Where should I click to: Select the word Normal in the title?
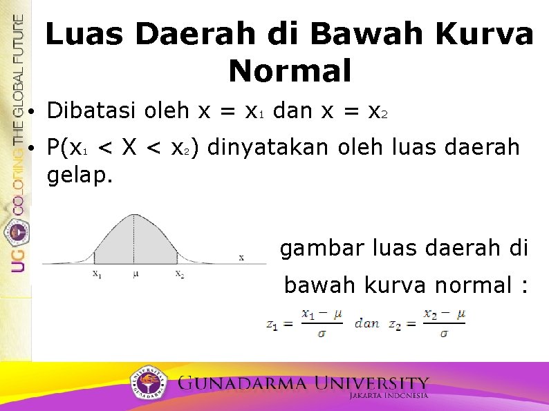tap(290, 70)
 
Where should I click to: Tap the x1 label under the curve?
tap(97, 274)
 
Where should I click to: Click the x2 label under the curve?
tap(179, 274)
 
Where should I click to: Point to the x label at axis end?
tap(241, 257)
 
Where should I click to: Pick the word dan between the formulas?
tap(366, 323)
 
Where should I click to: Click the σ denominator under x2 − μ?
tap(443, 333)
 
